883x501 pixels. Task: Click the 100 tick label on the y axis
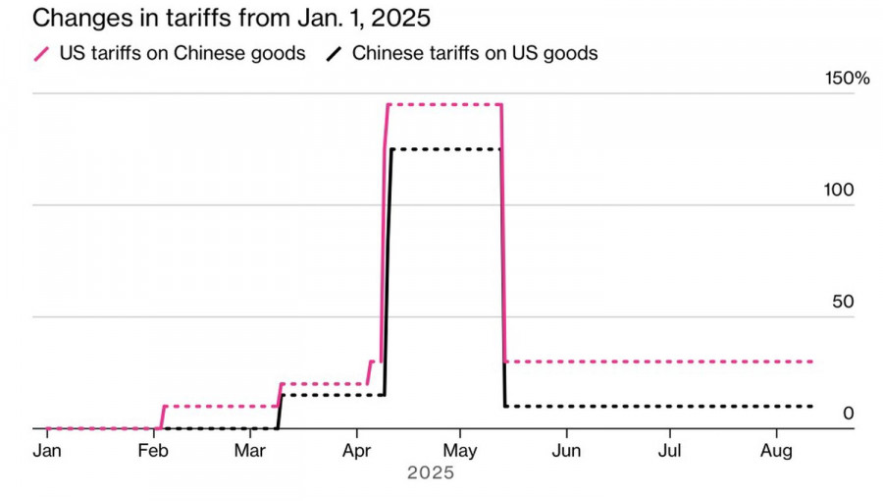[840, 190]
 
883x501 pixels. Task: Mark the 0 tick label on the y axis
[849, 414]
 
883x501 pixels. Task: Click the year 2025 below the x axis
[431, 473]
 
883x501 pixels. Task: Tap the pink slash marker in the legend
[41, 53]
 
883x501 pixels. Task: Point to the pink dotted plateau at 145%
[444, 104]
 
